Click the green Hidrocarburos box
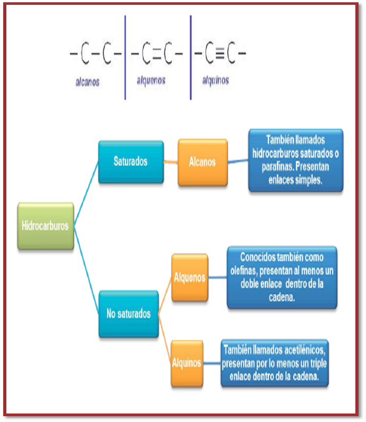pyautogui.click(x=45, y=226)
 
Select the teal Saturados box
pyautogui.click(x=130, y=162)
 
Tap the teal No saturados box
pyautogui.click(x=128, y=314)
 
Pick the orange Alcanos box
pyautogui.click(x=203, y=162)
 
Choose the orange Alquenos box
pyautogui.click(x=189, y=277)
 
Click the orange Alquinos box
pyautogui.click(x=187, y=364)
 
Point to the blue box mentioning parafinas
pyautogui.click(x=296, y=159)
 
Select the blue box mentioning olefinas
pyautogui.click(x=282, y=276)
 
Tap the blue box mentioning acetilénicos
pyautogui.click(x=274, y=364)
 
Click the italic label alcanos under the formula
pyautogui.click(x=87, y=83)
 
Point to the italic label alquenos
pyautogui.click(x=151, y=80)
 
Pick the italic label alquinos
pyautogui.click(x=215, y=81)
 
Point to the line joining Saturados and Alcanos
pyautogui.click(x=171, y=162)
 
